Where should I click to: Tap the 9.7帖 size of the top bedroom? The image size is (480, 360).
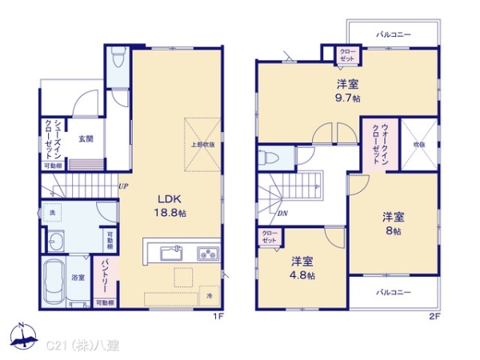tap(346, 98)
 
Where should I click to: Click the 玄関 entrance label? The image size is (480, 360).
tap(86, 138)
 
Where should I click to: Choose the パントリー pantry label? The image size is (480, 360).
tap(105, 274)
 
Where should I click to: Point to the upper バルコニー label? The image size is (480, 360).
tap(393, 35)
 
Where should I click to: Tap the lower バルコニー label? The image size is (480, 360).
tap(393, 292)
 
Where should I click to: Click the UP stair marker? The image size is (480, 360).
tap(124, 186)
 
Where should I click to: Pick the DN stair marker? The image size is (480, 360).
tap(282, 214)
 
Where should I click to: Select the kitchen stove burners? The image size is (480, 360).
tap(206, 254)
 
